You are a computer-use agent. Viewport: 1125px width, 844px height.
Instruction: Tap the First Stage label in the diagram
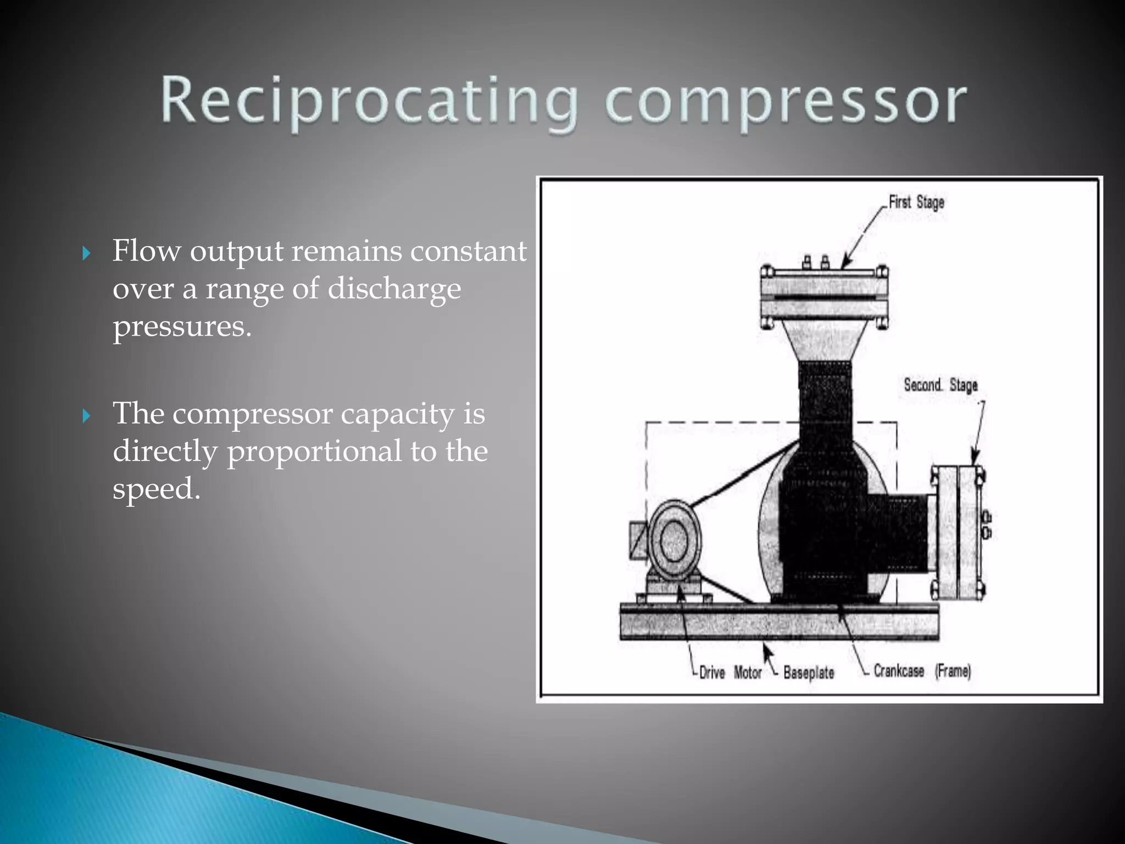pos(916,202)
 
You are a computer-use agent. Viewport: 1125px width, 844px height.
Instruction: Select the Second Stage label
pos(940,385)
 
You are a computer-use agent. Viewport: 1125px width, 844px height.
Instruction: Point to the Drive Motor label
pos(729,673)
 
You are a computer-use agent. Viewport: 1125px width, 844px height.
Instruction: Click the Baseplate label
pos(809,673)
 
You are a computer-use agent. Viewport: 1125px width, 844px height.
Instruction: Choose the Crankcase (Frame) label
pos(922,671)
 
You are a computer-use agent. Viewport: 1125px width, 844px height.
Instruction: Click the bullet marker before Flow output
pos(86,253)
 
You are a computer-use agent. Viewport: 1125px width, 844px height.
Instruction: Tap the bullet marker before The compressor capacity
pos(86,416)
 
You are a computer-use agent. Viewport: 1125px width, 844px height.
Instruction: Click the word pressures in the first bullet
pos(181,326)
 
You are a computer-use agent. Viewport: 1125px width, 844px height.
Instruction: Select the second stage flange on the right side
pos(958,532)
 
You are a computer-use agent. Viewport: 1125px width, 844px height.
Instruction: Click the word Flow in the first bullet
pos(146,251)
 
